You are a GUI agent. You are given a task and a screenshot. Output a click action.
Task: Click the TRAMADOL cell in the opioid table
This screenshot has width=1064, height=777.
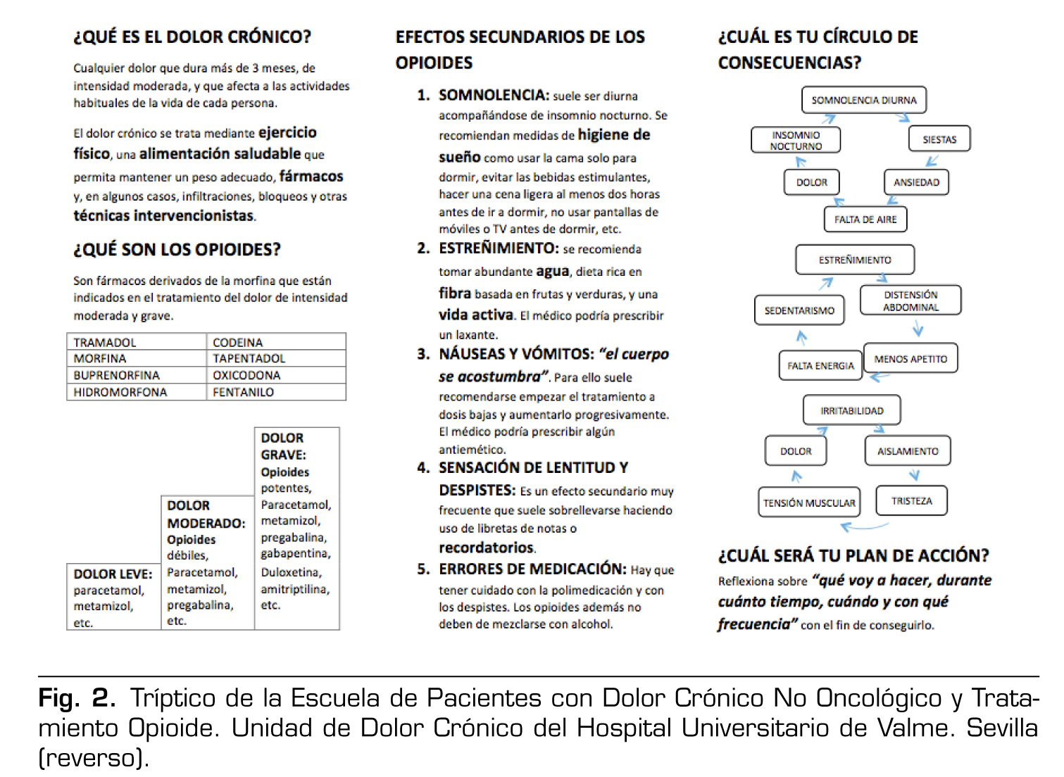(105, 342)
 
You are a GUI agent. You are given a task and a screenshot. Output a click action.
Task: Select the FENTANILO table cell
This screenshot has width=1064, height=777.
(243, 392)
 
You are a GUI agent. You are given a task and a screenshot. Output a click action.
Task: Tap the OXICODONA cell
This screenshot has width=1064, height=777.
(246, 375)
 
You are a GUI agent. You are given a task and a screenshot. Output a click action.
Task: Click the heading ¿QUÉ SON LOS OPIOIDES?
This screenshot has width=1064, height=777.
(177, 250)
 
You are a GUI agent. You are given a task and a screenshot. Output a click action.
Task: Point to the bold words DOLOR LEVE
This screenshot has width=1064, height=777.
(113, 574)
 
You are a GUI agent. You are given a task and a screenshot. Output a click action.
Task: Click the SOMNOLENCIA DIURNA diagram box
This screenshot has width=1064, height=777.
(863, 100)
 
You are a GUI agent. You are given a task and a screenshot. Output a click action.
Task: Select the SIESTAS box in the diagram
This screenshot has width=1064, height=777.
(939, 139)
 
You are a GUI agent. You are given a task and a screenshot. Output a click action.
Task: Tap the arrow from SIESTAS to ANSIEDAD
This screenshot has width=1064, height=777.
(932, 161)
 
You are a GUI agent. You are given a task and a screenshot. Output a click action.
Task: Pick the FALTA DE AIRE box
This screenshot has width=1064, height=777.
(865, 220)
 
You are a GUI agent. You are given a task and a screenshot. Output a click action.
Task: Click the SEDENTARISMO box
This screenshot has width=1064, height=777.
(799, 310)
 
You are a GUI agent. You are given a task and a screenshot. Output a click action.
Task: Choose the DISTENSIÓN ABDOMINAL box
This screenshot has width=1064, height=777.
(910, 301)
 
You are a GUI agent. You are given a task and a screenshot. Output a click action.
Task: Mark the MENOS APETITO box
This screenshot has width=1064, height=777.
(910, 359)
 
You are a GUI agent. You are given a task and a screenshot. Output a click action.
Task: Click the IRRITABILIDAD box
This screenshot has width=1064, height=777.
(851, 410)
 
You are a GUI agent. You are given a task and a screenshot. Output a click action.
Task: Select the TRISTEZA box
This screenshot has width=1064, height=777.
(911, 501)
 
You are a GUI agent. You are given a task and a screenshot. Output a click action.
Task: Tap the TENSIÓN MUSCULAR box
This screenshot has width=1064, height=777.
(809, 503)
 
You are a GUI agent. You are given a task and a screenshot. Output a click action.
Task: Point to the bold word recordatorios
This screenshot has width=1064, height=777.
(486, 548)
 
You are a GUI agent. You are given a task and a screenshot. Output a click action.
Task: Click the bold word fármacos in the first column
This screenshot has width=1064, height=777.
(311, 176)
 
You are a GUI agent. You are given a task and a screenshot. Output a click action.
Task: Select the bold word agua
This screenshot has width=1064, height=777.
(552, 271)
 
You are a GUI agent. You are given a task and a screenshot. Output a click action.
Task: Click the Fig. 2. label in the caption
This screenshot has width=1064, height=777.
(77, 698)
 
